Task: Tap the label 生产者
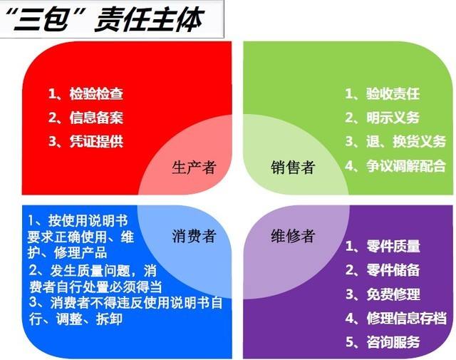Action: point(194,168)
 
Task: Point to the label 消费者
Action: point(194,236)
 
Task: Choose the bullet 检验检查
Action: point(96,93)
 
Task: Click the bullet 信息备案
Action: point(96,117)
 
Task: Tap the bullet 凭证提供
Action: point(96,140)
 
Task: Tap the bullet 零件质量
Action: point(393,246)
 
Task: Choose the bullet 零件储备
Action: point(393,269)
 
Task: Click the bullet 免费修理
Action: point(393,294)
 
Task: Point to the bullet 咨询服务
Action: point(393,341)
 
